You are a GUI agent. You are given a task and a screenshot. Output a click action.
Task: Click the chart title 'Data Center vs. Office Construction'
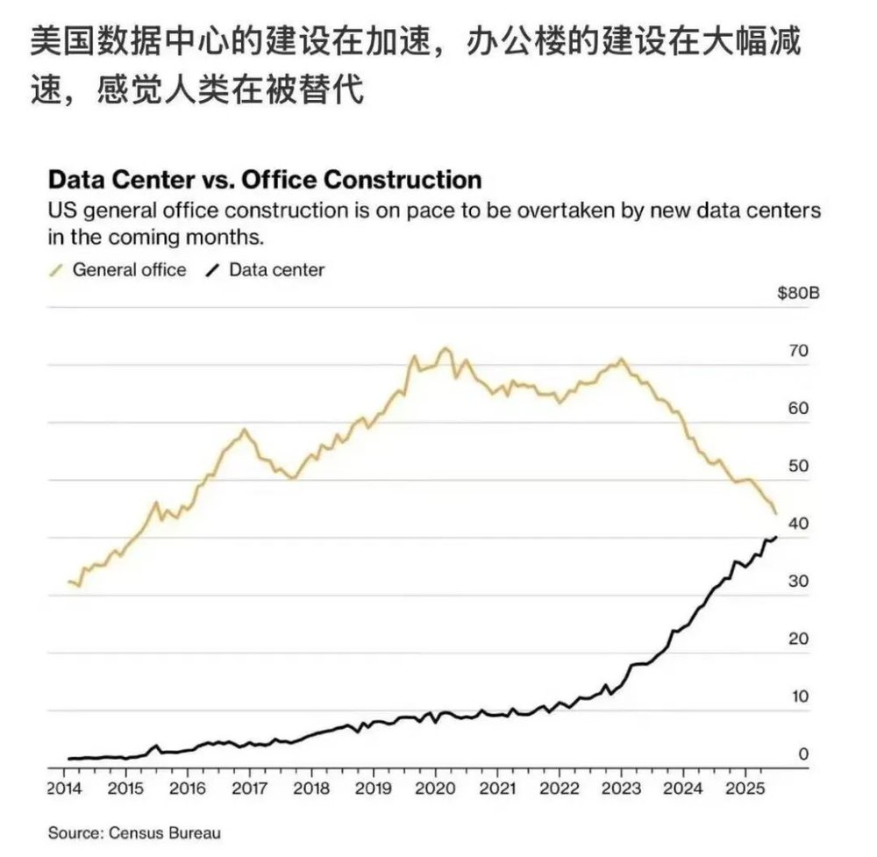point(264,180)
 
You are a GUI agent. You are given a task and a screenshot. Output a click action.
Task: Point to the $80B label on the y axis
point(798,294)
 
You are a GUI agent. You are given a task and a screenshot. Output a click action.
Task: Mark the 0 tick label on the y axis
point(802,753)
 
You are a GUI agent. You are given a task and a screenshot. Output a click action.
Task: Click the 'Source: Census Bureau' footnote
point(134,832)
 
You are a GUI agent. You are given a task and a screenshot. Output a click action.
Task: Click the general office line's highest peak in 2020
point(445,348)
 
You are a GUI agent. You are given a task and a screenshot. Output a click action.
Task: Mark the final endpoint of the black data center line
point(776,537)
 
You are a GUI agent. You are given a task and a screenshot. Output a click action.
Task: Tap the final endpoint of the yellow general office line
point(775,513)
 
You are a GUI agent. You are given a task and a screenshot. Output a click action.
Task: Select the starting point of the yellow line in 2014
point(68,581)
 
